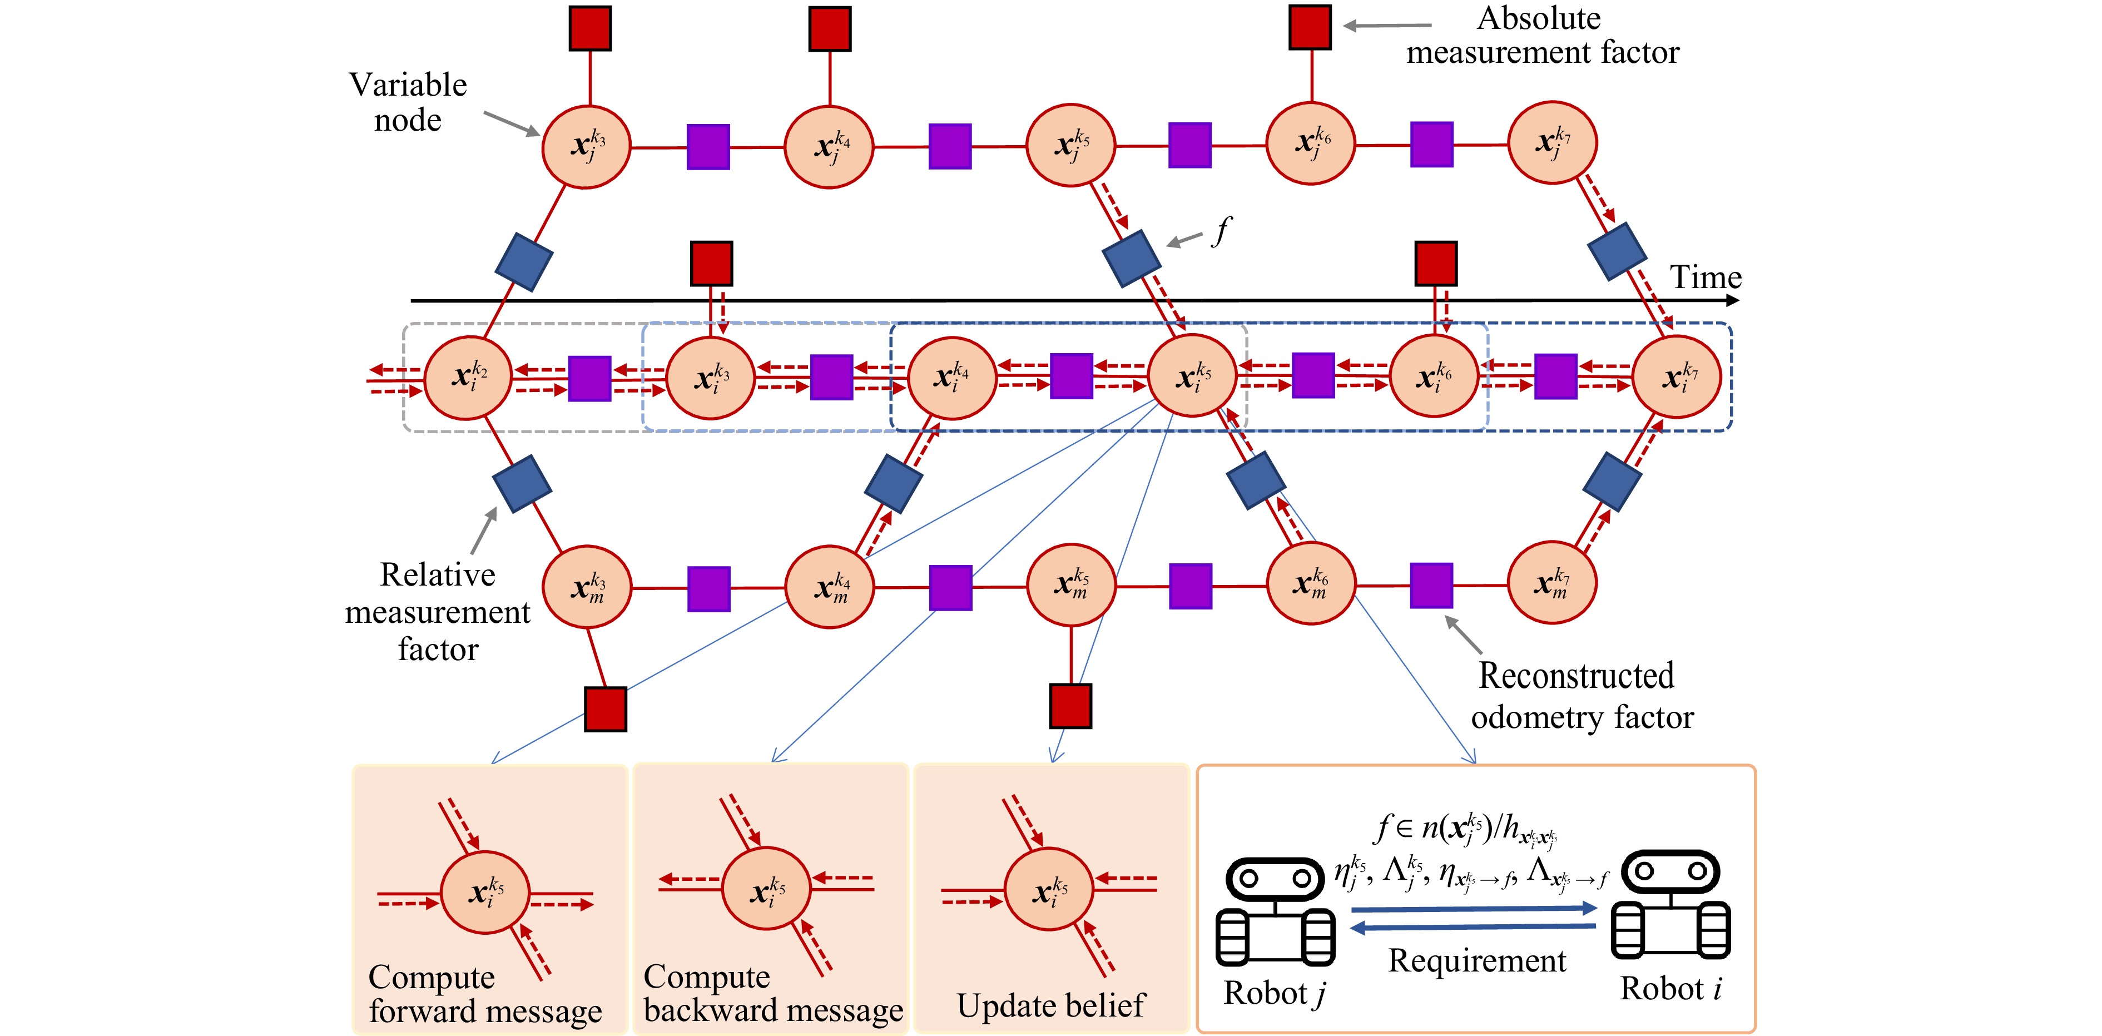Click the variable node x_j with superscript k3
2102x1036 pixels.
(586, 147)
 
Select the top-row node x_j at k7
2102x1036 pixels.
(1552, 143)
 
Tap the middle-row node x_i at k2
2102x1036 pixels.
(468, 378)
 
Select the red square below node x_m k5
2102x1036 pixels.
(1070, 706)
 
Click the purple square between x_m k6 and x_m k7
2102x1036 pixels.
(1431, 585)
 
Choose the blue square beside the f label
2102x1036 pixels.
(1131, 258)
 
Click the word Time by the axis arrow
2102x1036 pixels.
(1706, 277)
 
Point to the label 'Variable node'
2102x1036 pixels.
(408, 102)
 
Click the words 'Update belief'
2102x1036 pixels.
(1051, 1005)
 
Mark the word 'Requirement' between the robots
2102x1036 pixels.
(1477, 961)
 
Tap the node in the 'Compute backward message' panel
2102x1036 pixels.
(765, 889)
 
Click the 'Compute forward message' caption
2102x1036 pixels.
(485, 994)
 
